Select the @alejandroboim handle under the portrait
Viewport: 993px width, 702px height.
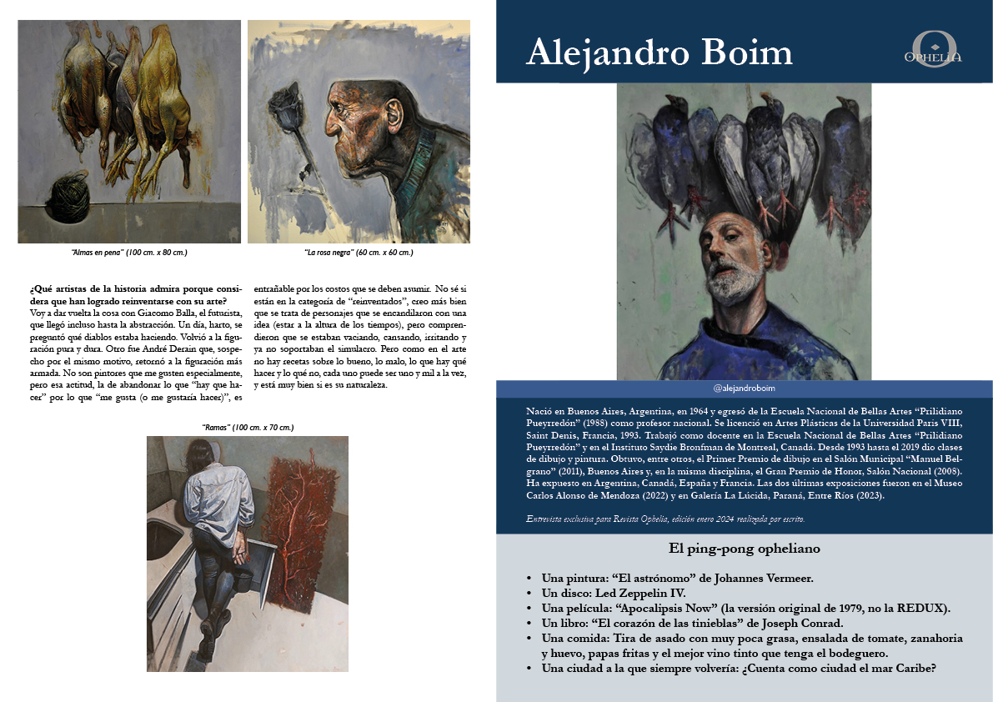coord(745,389)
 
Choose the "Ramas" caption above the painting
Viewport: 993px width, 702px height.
coord(248,428)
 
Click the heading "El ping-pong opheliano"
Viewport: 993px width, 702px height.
coord(745,549)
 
